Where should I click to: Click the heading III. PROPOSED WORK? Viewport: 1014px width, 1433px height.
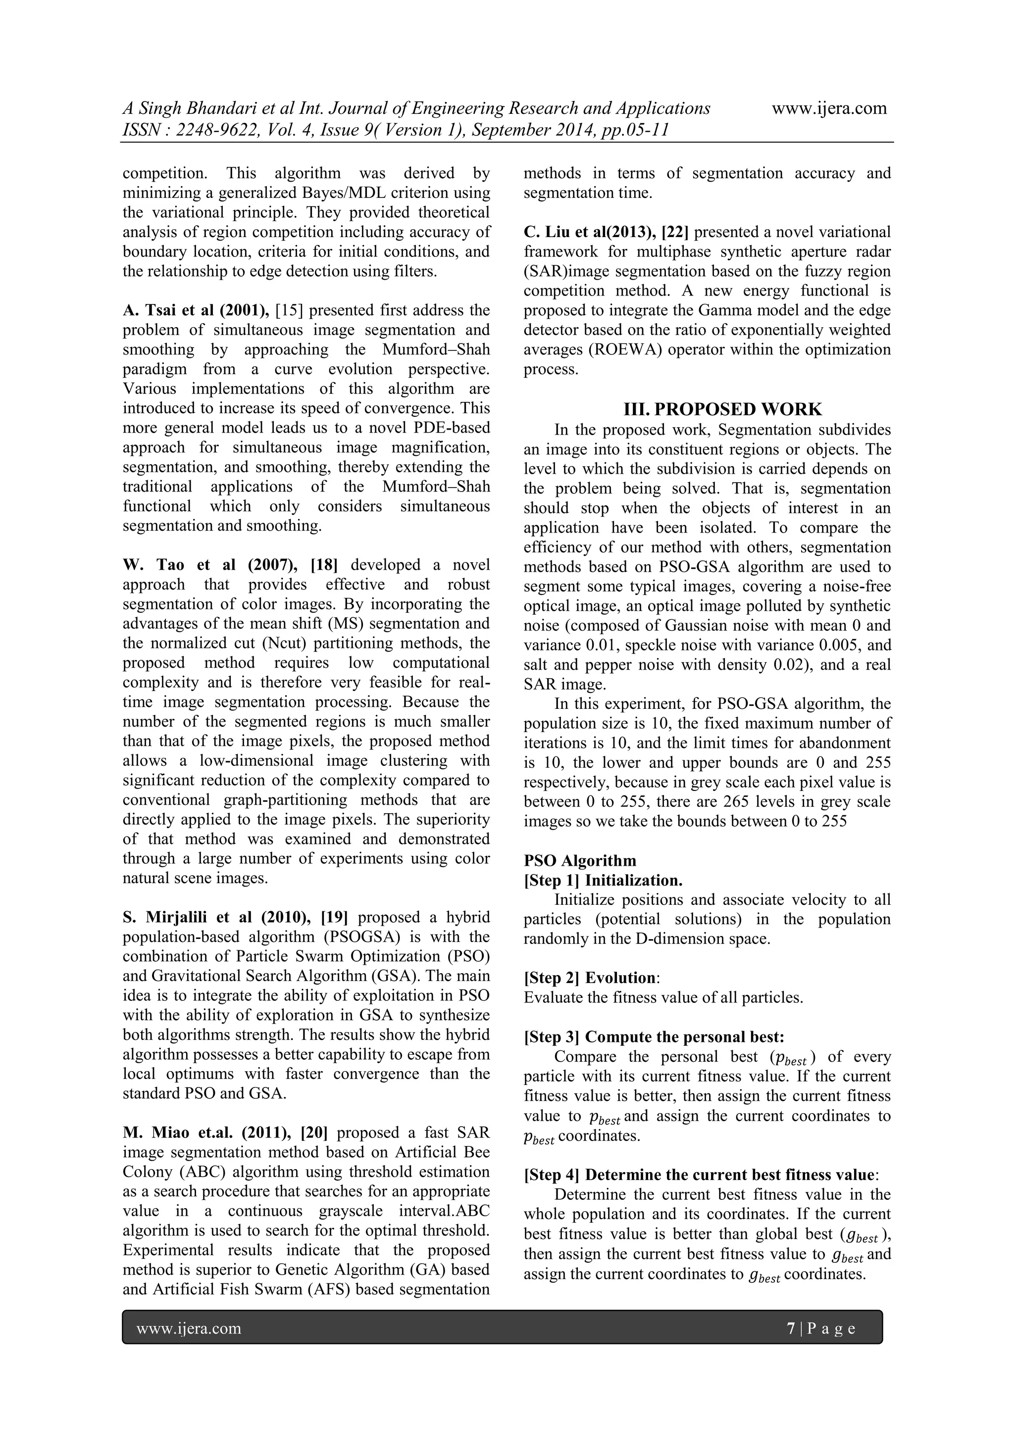tap(722, 409)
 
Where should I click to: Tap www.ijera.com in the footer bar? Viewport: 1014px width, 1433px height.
tap(189, 1328)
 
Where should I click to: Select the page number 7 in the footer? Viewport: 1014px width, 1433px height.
tap(791, 1328)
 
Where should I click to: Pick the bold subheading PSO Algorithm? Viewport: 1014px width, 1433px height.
tap(580, 861)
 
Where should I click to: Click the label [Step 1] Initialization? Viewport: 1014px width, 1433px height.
tap(603, 881)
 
